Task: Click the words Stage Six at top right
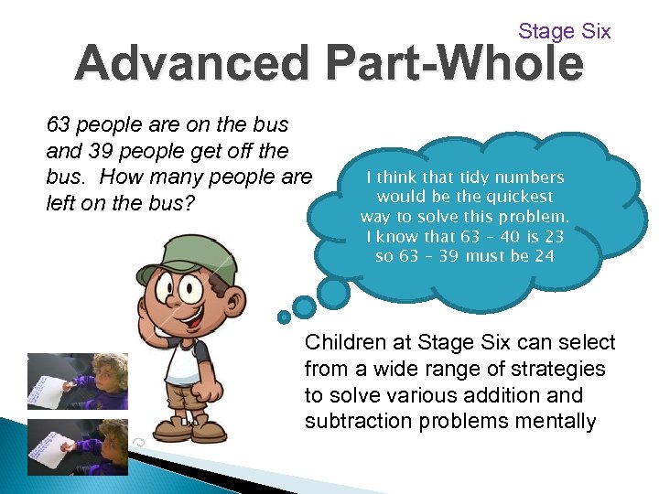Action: pos(564,31)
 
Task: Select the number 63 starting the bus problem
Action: pos(59,124)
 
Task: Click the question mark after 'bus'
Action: pos(189,203)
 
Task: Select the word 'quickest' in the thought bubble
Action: pos(522,197)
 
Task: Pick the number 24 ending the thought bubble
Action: pos(544,255)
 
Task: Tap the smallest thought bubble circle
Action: pos(285,317)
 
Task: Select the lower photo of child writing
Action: pos(77,446)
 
